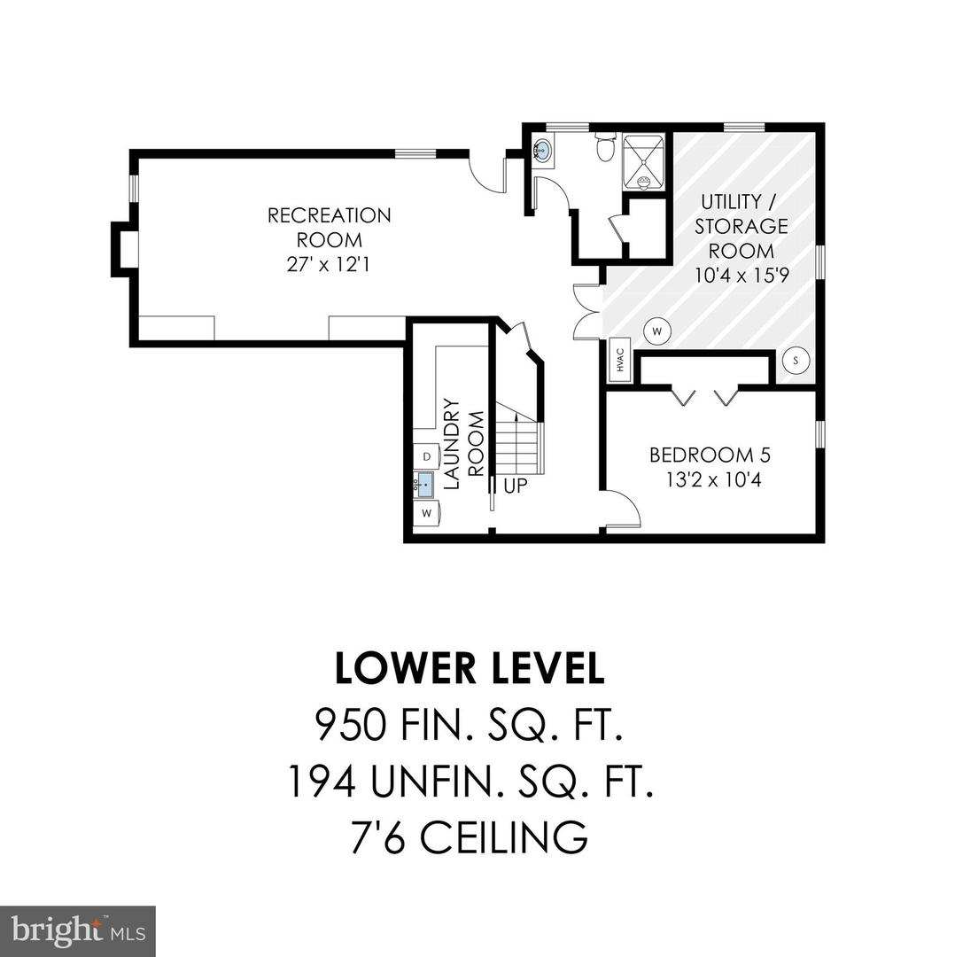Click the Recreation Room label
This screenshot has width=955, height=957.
[x=329, y=227]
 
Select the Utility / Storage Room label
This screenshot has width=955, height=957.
[x=741, y=226]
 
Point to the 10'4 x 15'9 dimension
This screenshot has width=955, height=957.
[x=741, y=276]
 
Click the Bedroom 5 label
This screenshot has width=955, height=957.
[x=710, y=455]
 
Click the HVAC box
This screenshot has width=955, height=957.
[x=618, y=360]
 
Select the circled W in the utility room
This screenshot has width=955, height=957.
[x=657, y=331]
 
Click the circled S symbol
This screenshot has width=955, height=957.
[x=796, y=360]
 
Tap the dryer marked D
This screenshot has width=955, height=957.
[x=426, y=456]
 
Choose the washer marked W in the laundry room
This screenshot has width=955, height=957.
[x=426, y=513]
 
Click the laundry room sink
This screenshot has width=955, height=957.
[x=424, y=485]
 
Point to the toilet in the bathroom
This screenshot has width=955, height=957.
[x=606, y=147]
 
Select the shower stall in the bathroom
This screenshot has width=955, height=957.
[x=643, y=161]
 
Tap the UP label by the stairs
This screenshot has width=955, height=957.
[x=515, y=486]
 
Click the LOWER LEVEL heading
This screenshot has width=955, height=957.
[x=470, y=669]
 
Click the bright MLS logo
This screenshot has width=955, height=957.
[x=77, y=930]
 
